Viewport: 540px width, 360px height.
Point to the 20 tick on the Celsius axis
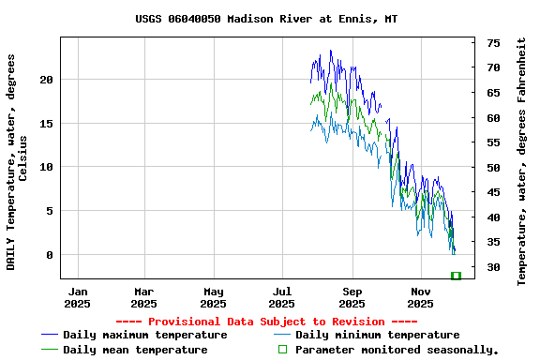48,80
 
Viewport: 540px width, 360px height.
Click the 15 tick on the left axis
48,124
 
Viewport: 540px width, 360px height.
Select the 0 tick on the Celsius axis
51,255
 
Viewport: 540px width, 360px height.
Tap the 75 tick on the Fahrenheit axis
493,43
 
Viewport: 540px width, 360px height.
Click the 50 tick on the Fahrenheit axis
493,168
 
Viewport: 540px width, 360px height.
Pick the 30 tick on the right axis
493,267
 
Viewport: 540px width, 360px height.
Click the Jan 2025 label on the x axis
78,297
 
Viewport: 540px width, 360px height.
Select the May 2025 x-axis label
213,297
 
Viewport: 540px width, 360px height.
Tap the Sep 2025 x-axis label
352,297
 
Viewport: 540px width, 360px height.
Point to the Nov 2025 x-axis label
420,297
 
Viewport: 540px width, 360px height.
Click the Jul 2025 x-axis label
282,297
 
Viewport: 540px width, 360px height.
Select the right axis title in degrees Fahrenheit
521,161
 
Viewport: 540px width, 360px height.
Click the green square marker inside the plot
456,276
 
